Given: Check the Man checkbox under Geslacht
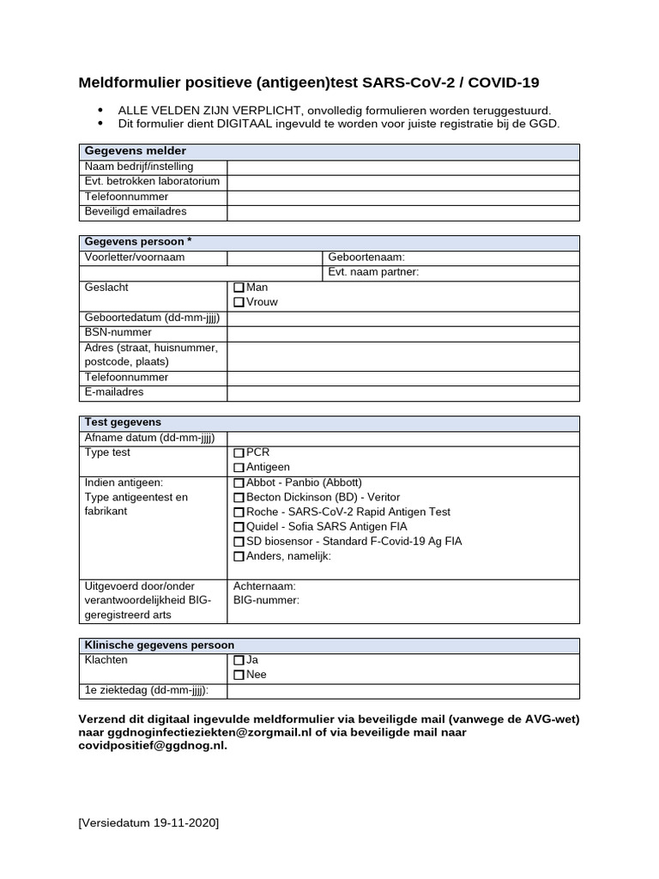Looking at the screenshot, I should [239, 288].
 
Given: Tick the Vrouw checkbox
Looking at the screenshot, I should [239, 303].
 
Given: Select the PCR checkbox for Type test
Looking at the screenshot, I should [239, 453].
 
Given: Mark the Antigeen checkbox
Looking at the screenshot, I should [239, 468].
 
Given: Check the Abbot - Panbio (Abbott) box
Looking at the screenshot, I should [239, 483].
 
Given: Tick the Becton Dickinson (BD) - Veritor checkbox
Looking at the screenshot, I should [239, 498].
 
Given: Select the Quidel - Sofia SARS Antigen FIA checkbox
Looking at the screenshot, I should [239, 527].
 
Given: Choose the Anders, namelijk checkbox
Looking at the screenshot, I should [239, 557].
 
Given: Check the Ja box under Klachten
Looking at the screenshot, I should [239, 661].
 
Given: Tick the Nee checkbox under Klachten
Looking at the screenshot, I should [239, 676].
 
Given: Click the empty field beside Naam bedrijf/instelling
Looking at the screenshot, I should [403, 167].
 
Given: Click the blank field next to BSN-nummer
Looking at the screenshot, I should [403, 333].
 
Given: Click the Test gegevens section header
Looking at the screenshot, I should [123, 422].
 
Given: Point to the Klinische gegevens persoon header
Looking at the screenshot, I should [159, 646].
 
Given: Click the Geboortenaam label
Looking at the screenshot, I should [366, 258].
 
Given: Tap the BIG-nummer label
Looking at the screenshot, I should [266, 601].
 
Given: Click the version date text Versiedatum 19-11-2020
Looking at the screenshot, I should [148, 823].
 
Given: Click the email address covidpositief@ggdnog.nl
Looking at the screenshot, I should [153, 746].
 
